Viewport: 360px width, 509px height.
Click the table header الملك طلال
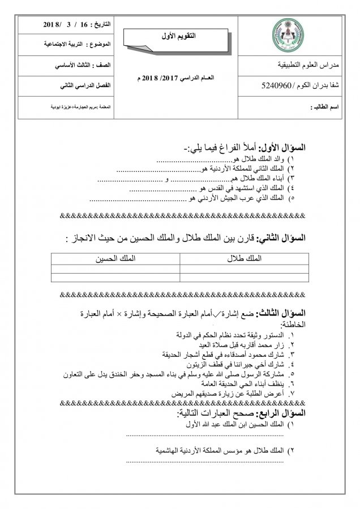tap(244, 258)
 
